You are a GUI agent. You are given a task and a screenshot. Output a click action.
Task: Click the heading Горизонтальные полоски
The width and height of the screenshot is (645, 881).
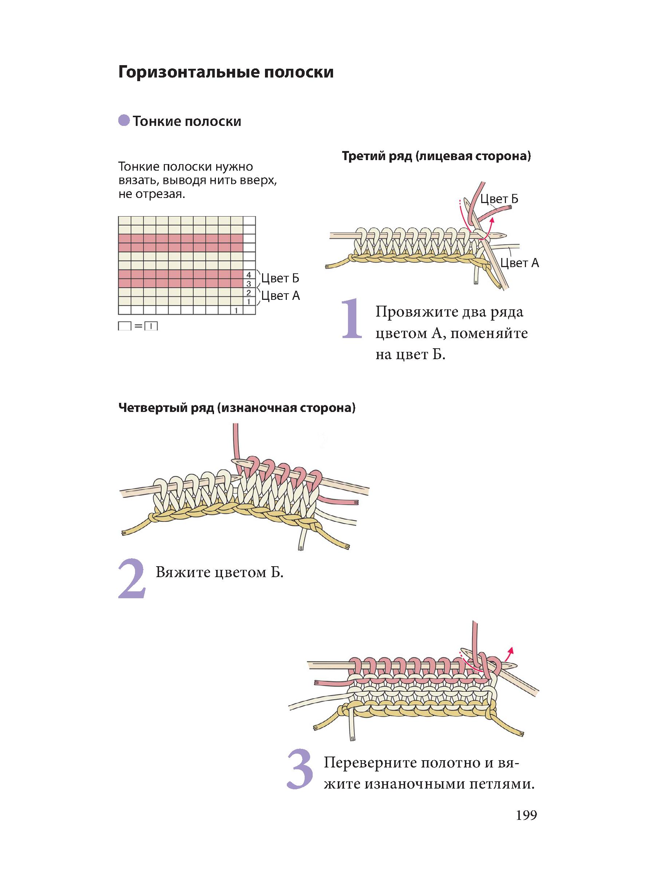[x=226, y=73]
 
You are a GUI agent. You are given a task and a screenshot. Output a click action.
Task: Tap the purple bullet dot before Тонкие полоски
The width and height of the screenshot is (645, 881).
[x=124, y=120]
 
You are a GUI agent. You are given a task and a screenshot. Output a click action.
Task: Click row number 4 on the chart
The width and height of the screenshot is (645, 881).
[x=249, y=274]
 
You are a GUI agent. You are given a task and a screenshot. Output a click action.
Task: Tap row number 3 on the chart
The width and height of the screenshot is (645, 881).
[x=249, y=283]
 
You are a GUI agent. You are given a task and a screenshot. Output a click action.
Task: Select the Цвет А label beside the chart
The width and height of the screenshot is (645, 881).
[x=280, y=295]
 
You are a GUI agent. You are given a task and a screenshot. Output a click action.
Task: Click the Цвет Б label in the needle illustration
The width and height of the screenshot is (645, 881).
[x=499, y=199]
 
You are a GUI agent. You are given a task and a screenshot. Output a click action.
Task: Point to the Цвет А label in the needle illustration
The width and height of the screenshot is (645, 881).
[x=519, y=263]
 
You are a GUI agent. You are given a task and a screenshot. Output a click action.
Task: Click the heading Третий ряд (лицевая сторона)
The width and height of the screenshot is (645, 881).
[x=436, y=156]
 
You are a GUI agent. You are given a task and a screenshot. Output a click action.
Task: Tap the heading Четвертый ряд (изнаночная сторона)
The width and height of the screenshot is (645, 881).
[x=237, y=408]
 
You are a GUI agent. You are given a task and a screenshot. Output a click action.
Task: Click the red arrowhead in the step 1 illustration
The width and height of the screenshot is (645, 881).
[x=492, y=220]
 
